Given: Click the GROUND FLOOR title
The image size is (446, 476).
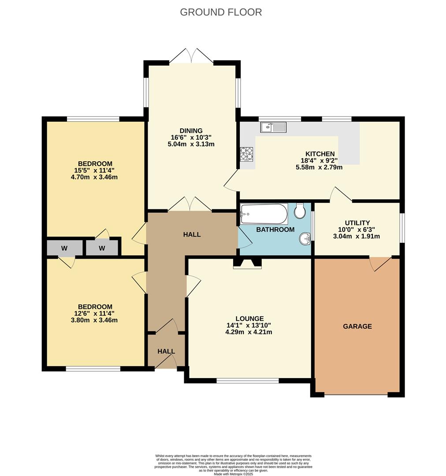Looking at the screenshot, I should pos(221,12).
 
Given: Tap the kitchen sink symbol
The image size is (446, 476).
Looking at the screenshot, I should pos(273,128).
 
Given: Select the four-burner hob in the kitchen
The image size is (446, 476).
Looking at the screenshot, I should pos(247,155).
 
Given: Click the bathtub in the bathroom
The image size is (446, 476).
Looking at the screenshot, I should pos(264,214).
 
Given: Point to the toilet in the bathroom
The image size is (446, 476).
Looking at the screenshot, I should pos(300,211).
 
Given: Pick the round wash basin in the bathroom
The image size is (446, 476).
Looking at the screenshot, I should pos(305,239).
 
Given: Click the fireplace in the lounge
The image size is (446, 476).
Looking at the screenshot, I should pos(247,264).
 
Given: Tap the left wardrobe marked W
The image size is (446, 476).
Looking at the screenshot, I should pos(65,248).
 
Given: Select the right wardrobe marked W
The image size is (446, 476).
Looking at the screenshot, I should pos(102,248).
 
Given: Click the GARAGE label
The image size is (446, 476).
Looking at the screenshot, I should pos(357,327).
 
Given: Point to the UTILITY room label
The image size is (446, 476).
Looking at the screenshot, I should pos(357,223).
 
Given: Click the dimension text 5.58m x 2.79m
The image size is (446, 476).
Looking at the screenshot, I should pos(319,167).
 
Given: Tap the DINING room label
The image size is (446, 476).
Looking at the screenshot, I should pos(191,130).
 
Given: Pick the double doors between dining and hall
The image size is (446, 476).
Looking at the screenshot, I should pos(190,205).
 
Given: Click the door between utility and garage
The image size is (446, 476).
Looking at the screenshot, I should pos(380,263).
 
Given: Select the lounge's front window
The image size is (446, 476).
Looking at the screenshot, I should pos(248,380).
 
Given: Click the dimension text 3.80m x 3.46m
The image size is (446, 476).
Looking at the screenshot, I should pos(95,320).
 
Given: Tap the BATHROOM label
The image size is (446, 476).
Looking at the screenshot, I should pos(275,230).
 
